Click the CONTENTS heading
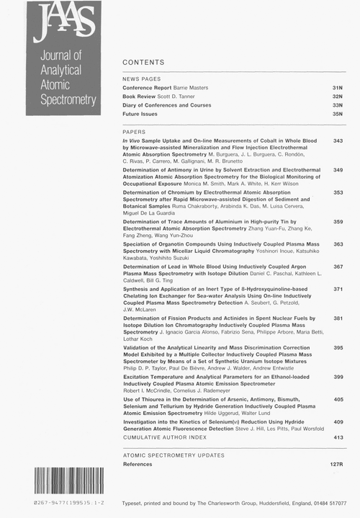(x=143, y=63)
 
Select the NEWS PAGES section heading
(x=142, y=78)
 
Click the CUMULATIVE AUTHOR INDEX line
(x=165, y=437)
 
